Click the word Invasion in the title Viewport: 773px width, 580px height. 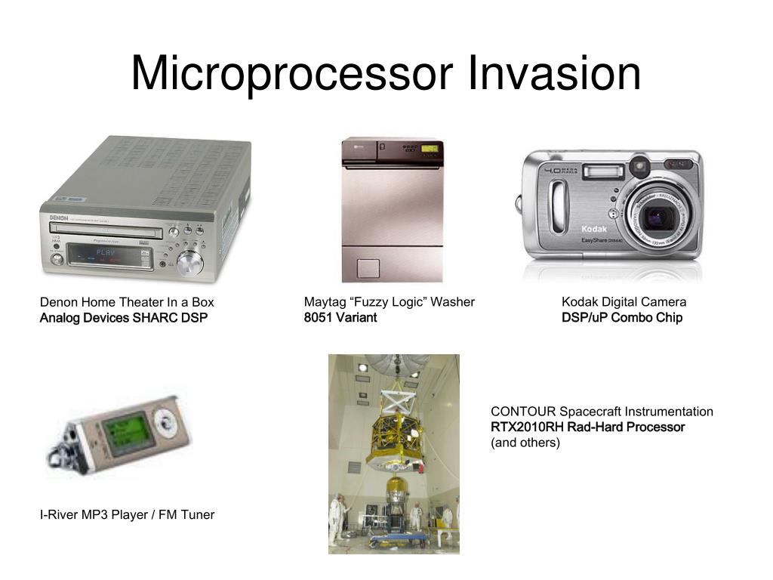pos(554,74)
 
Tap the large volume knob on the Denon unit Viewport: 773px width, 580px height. pos(189,264)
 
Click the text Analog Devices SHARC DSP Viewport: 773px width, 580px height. pos(123,318)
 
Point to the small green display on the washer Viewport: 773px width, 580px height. pos(430,148)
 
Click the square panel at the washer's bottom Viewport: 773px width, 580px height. pos(368,268)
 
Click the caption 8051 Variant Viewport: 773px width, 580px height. pos(340,318)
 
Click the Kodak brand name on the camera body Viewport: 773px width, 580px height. pos(594,229)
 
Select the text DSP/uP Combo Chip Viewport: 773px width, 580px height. pos(621,318)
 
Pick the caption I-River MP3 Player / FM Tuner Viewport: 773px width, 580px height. pos(127,515)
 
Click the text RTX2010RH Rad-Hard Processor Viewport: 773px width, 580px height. pos(587,427)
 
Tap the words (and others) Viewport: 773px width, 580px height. pos(525,443)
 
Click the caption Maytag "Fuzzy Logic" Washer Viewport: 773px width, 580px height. pos(389,302)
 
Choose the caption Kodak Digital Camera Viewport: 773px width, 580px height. pos(624,302)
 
